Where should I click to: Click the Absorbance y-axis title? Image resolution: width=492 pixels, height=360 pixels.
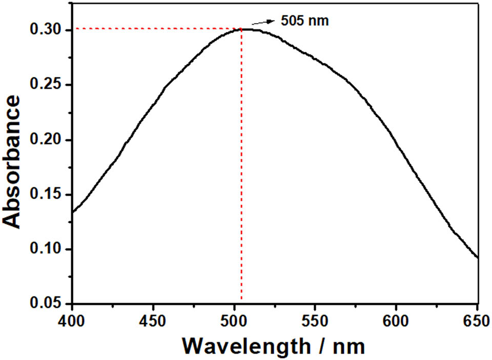tap(12, 161)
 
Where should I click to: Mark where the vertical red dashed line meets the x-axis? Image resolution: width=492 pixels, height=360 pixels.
tap(241, 304)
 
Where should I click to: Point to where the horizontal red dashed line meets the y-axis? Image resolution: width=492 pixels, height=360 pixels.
tap(72, 28)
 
